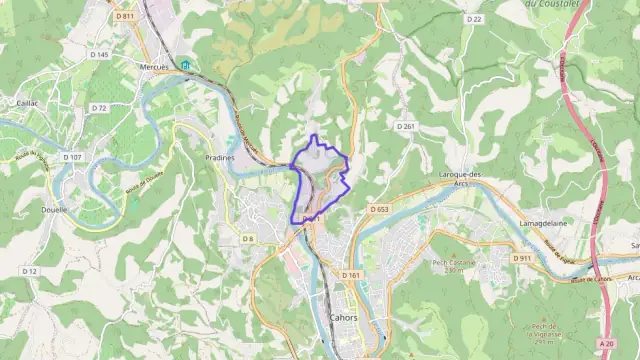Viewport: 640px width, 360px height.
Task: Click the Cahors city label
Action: pyautogui.click(x=343, y=317)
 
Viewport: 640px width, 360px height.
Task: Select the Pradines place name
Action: pyautogui.click(x=219, y=157)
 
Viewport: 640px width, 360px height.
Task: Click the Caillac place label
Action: pyautogui.click(x=27, y=103)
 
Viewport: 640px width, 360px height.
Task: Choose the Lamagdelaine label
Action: pyautogui.click(x=544, y=223)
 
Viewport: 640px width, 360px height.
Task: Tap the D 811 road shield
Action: pyautogui.click(x=124, y=16)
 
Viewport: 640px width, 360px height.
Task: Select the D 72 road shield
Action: pyautogui.click(x=98, y=107)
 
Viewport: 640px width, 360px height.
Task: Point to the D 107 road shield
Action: pyautogui.click(x=75, y=157)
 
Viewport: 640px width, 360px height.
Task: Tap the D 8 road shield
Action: pyautogui.click(x=247, y=239)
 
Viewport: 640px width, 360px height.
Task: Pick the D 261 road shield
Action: pyautogui.click(x=405, y=127)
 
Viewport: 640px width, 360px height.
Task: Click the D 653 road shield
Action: pyautogui.click(x=378, y=209)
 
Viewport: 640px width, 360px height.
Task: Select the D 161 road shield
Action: pyautogui.click(x=350, y=274)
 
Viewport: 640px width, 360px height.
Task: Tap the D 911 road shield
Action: pyautogui.click(x=523, y=258)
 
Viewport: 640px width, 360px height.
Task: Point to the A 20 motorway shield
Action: pyautogui.click(x=607, y=343)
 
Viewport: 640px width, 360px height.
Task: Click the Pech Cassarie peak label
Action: pyautogui.click(x=452, y=264)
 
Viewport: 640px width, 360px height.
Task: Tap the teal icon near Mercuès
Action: pyautogui.click(x=185, y=66)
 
